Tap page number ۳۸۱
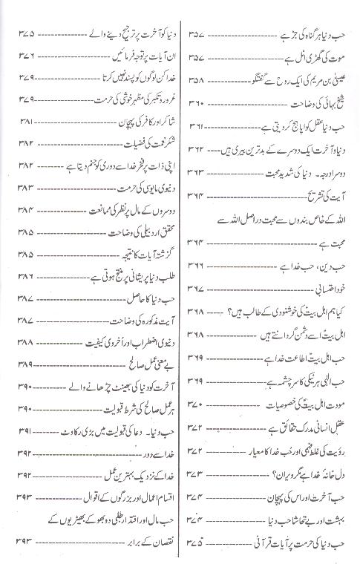click(x=24, y=121)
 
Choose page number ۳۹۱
click(x=24, y=430)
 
